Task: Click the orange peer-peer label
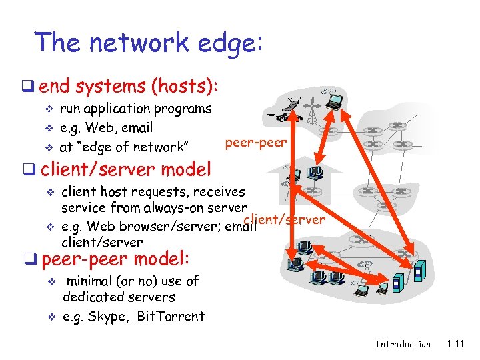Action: pyautogui.click(x=256, y=142)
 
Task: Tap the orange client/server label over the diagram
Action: pyautogui.click(x=285, y=219)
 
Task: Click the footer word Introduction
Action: pyautogui.click(x=403, y=344)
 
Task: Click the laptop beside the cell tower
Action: pyautogui.click(x=333, y=101)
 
